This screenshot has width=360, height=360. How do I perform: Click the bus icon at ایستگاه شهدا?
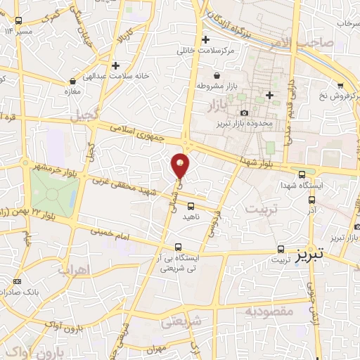[x=302, y=174]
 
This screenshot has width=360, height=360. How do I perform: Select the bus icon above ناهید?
[x=191, y=206]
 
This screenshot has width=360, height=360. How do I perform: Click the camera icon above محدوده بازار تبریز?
[x=244, y=113]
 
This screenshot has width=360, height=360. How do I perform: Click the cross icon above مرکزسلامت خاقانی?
[x=205, y=40]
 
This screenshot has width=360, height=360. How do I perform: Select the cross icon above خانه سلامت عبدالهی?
[x=116, y=65]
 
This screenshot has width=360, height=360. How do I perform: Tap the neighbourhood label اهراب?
[x=75, y=270]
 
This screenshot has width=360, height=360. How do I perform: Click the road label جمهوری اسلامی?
[x=143, y=133]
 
